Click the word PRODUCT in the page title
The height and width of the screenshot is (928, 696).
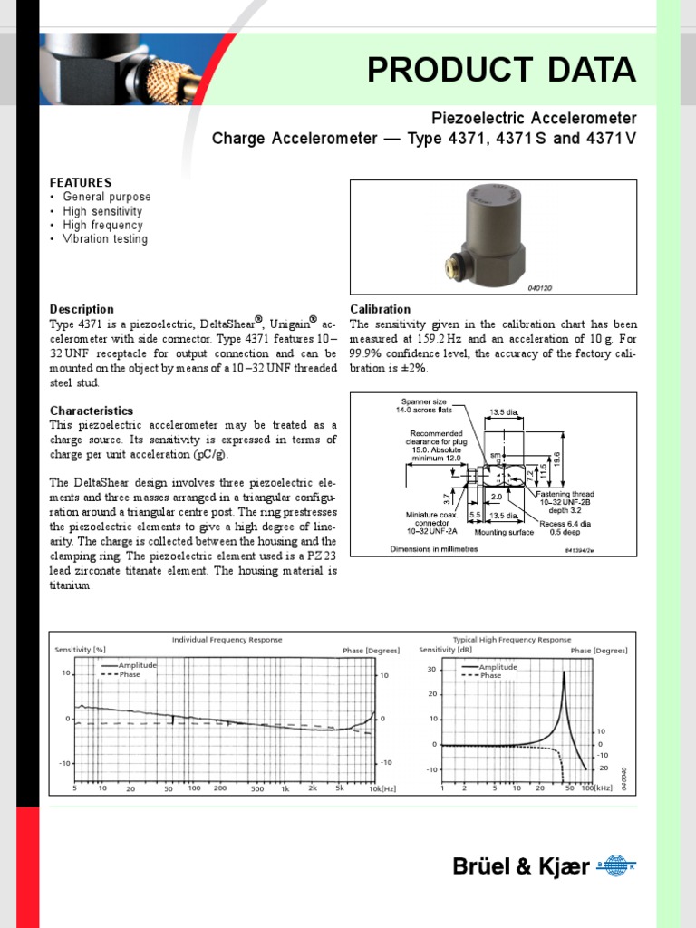436,69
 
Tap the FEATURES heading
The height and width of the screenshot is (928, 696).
81,182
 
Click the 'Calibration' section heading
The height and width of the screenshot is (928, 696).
380,309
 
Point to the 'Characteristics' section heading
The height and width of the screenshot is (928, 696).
91,411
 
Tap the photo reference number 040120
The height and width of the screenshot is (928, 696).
540,289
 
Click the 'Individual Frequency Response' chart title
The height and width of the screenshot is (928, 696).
227,639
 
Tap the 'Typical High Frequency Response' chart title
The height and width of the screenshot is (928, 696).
512,639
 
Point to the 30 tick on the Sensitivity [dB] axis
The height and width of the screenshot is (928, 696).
432,669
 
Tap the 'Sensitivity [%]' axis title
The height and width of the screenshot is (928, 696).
80,649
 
